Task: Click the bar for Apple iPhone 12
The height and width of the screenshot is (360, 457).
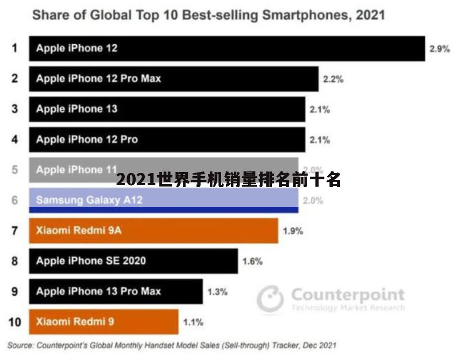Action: [227, 48]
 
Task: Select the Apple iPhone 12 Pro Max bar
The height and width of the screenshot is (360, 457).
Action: [174, 79]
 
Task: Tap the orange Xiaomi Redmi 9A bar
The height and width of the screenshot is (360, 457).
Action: [154, 231]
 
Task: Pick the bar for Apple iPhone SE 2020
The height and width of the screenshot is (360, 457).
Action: [133, 261]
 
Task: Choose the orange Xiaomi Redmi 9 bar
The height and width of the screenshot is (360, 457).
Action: [104, 322]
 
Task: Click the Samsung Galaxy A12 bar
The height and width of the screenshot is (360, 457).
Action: [164, 200]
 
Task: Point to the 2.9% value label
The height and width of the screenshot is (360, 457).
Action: [439, 49]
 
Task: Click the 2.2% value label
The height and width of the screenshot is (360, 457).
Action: [333, 79]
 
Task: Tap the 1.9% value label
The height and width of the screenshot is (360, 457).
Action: [292, 231]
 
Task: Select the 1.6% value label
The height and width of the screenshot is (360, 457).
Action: [252, 262]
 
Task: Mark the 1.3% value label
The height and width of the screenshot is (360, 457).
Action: [217, 292]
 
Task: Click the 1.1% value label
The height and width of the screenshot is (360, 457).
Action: [193, 322]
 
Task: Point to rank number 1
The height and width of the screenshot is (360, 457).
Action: [15, 48]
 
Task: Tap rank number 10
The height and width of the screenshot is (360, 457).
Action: [15, 322]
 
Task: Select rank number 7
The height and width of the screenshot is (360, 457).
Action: [15, 231]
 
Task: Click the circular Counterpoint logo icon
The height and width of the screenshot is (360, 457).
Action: [270, 299]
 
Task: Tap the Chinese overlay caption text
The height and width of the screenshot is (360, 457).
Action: [228, 180]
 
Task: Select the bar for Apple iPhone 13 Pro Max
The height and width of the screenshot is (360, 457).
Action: [116, 291]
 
